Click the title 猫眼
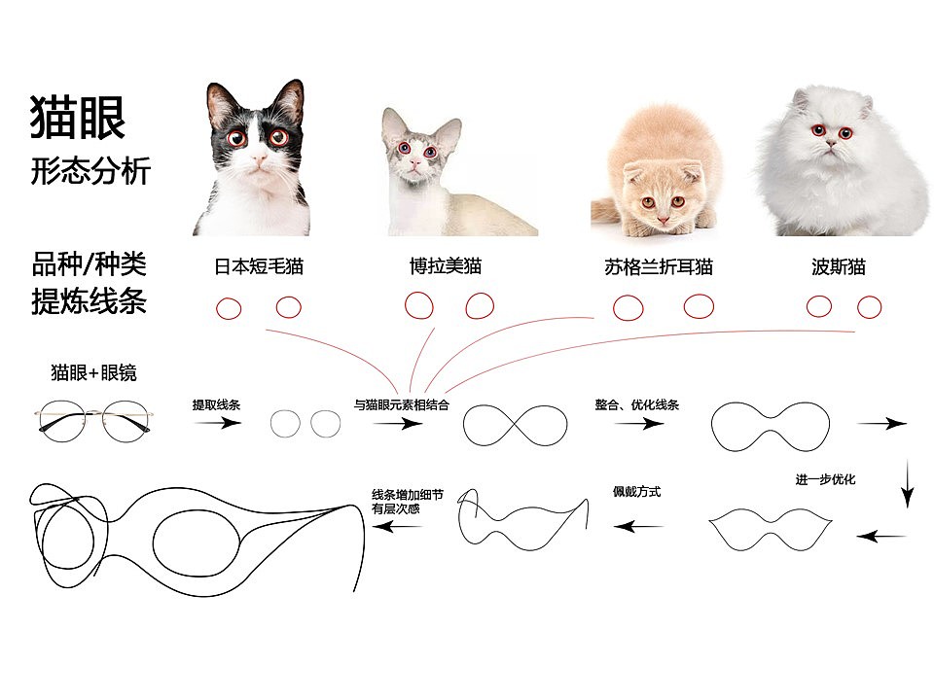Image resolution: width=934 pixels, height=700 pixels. click(x=78, y=117)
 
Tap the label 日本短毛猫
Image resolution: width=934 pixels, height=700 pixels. click(x=259, y=266)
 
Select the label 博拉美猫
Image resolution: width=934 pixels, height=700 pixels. click(x=446, y=266)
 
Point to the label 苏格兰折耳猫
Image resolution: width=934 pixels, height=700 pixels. click(x=659, y=266)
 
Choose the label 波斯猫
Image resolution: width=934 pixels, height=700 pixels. click(x=838, y=266)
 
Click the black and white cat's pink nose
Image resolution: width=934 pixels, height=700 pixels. click(x=259, y=159)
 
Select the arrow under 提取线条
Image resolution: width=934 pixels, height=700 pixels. click(x=217, y=423)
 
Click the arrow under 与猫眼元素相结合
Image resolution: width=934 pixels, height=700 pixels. click(x=398, y=423)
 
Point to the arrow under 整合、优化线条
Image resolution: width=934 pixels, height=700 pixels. click(x=639, y=423)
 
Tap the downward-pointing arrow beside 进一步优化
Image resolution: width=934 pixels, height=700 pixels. click(x=907, y=483)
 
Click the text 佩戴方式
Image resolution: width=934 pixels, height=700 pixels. click(x=636, y=492)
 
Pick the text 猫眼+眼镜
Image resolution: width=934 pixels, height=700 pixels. click(x=94, y=372)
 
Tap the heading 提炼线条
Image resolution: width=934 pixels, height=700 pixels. click(x=89, y=301)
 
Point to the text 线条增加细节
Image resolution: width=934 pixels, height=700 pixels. click(x=408, y=495)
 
